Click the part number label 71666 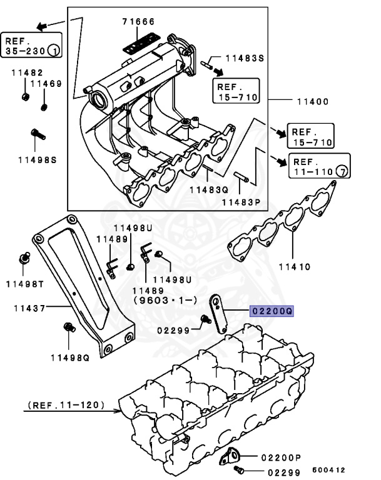pos(138,22)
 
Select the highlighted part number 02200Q pos(272,311)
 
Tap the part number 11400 pos(313,101)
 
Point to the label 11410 pos(294,266)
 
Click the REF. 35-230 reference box pos(31,44)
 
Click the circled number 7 pos(342,170)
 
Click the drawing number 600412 pos(328,469)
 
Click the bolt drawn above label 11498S pos(37,133)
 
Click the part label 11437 pos(26,308)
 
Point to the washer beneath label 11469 pos(44,106)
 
